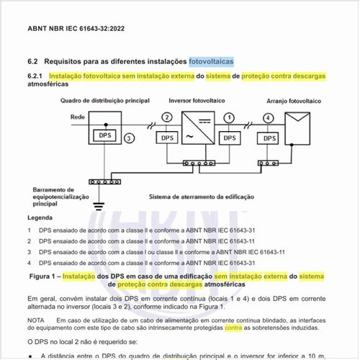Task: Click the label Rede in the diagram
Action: coord(78,116)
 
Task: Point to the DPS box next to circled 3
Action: coord(107,135)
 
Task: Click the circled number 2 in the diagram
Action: coord(167,117)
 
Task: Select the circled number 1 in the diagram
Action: coord(229,117)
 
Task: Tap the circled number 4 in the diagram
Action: coord(269,117)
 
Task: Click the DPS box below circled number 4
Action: coord(269,137)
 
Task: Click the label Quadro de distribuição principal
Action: coord(106,101)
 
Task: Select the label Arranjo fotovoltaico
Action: coord(291,102)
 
